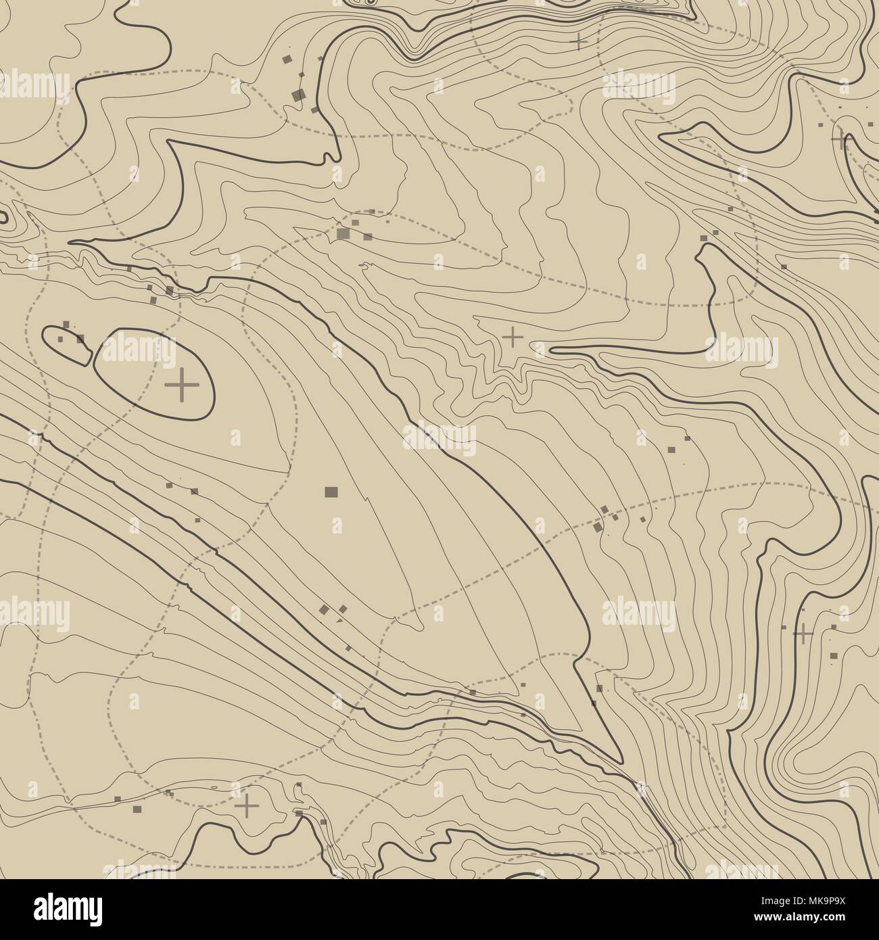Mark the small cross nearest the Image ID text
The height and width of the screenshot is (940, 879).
[x=803, y=634]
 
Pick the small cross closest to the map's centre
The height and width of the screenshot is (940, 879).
[x=513, y=335]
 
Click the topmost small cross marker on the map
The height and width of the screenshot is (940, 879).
[x=579, y=42]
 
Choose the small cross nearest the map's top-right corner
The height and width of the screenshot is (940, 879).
[x=840, y=139]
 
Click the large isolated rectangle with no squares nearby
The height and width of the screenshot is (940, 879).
[x=331, y=492]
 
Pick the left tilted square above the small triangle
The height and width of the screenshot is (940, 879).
[x=325, y=609]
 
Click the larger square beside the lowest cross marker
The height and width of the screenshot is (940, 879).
[x=139, y=808]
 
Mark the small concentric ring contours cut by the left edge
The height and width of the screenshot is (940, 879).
[x=4, y=217]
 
